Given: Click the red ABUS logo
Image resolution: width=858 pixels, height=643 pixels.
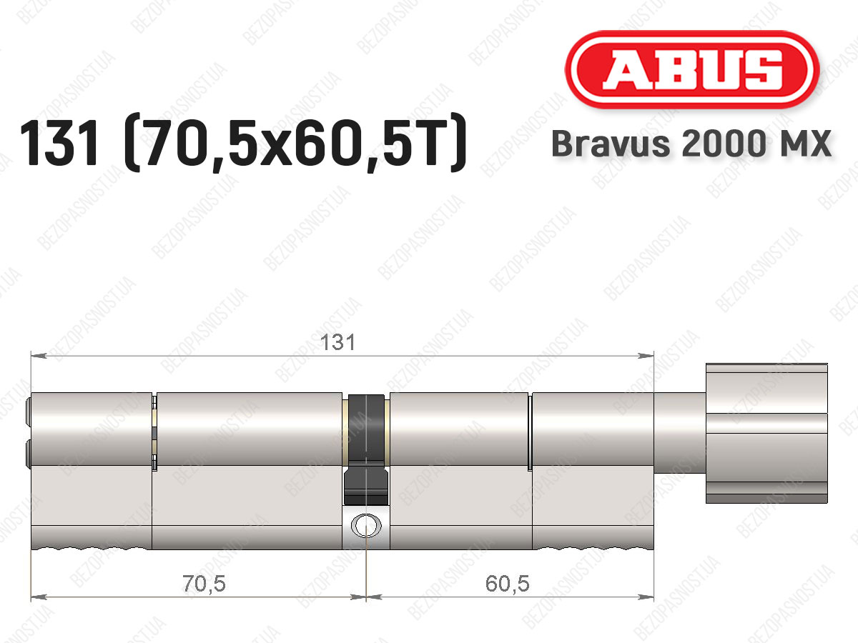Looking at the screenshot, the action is coord(692,69).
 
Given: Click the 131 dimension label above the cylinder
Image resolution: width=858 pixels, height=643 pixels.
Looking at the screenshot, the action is coord(337,342).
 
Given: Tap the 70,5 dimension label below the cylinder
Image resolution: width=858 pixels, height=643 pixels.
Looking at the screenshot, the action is coord(204,584).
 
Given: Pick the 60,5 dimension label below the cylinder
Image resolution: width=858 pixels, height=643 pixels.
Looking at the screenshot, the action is coord(508,584).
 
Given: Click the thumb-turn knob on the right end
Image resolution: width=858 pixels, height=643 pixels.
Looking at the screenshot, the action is coord(766,433).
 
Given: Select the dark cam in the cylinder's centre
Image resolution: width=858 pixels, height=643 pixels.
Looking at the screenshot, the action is coord(366,449).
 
